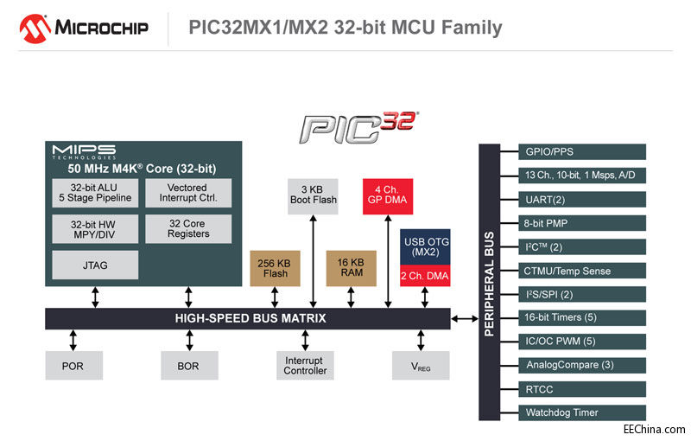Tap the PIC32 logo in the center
click(x=358, y=126)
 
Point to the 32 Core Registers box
click(x=188, y=229)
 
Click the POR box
click(x=73, y=365)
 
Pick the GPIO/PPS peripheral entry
click(x=582, y=152)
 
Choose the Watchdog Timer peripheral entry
click(x=582, y=412)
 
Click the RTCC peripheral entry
click(x=582, y=389)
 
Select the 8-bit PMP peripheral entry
click(x=582, y=223)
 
